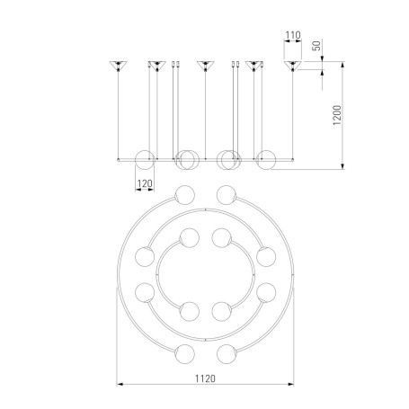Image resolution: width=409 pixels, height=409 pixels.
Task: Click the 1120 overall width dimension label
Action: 205,378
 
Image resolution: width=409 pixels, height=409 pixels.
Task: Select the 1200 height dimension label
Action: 337,115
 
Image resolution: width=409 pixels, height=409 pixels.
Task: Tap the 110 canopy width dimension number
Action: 293,35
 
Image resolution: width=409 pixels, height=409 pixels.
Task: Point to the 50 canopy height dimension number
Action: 316,46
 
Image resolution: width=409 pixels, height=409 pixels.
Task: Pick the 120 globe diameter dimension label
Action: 145,183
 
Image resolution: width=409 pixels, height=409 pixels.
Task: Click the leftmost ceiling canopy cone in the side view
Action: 118,66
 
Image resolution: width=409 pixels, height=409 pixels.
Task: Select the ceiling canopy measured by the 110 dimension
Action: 293,66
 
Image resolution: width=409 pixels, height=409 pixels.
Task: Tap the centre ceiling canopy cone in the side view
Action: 205,66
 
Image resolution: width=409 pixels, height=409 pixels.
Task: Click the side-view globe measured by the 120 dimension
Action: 145,160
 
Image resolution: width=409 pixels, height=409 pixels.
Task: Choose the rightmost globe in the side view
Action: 266,160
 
